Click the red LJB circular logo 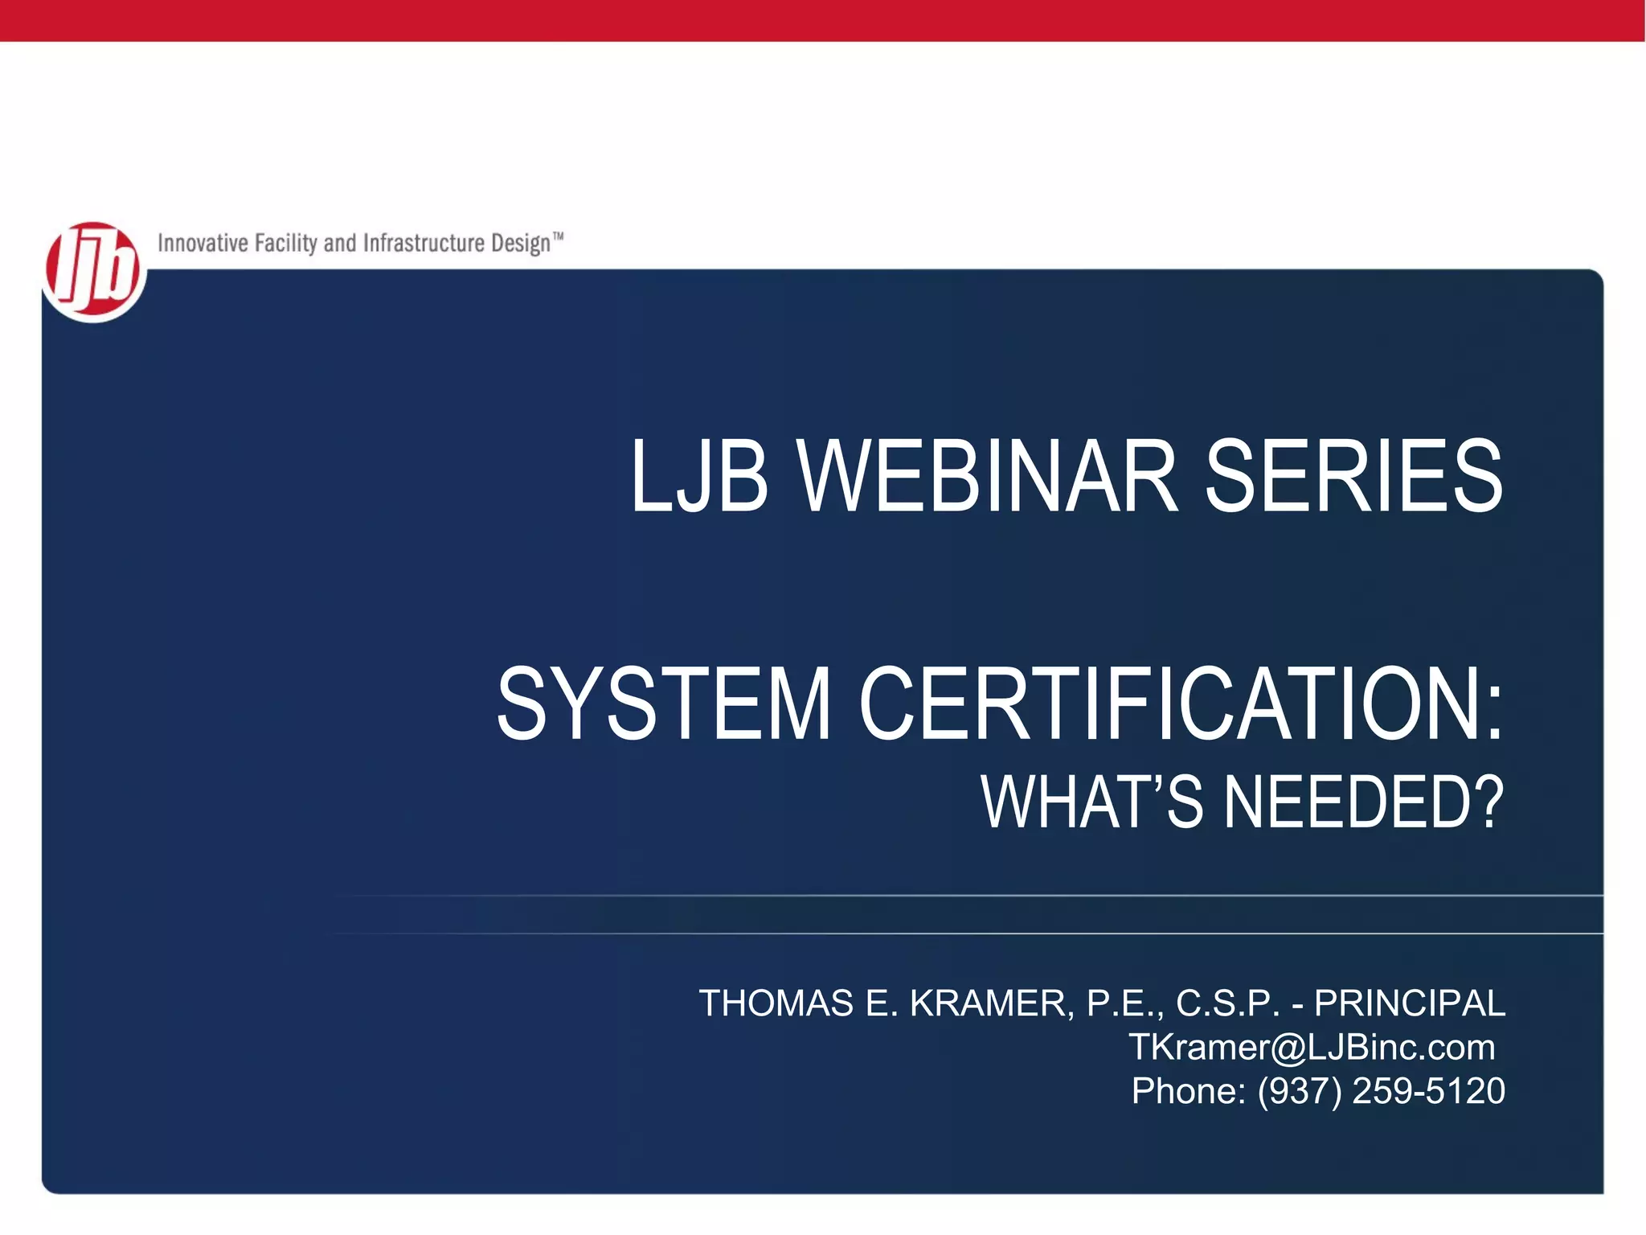point(93,272)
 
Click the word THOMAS point(776,1003)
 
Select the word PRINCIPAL point(1409,1003)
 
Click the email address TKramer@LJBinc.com point(1312,1047)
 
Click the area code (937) point(1300,1091)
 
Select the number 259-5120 point(1428,1091)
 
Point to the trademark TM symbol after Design point(558,237)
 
